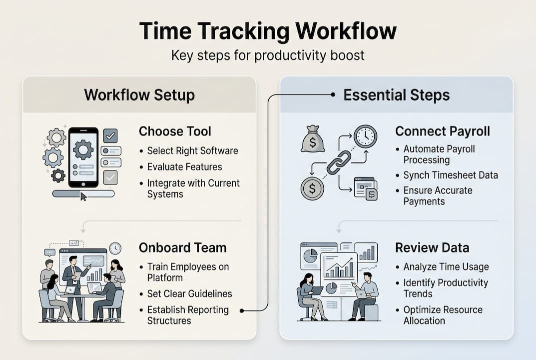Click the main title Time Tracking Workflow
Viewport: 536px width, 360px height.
[268, 31]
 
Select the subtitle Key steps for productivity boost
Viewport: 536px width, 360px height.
[268, 55]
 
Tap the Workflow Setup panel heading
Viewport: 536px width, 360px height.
[139, 95]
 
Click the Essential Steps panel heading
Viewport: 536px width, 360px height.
[397, 95]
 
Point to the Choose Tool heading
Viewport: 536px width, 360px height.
[175, 131]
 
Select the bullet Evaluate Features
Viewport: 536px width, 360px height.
[185, 167]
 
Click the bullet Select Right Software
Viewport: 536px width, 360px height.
[192, 151]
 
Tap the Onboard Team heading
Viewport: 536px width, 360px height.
[182, 248]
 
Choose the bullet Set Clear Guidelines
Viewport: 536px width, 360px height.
[190, 293]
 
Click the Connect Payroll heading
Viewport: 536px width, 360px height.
[443, 131]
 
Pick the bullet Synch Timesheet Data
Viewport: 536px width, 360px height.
[451, 175]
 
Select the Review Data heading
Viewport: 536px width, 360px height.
[432, 248]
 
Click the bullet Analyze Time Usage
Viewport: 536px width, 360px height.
[446, 267]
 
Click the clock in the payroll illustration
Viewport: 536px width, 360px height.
[366, 136]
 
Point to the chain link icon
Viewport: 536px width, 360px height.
[339, 162]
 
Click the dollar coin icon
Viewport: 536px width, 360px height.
[312, 188]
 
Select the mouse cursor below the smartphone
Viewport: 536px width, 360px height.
[83, 196]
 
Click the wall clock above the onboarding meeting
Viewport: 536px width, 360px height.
[115, 248]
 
